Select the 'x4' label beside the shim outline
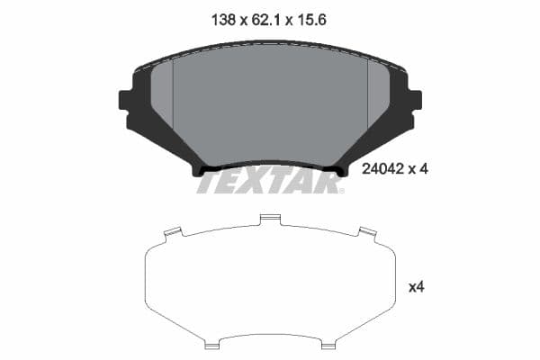(416, 287)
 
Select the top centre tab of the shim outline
(269, 219)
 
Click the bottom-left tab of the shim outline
(212, 343)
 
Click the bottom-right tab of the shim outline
(329, 343)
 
